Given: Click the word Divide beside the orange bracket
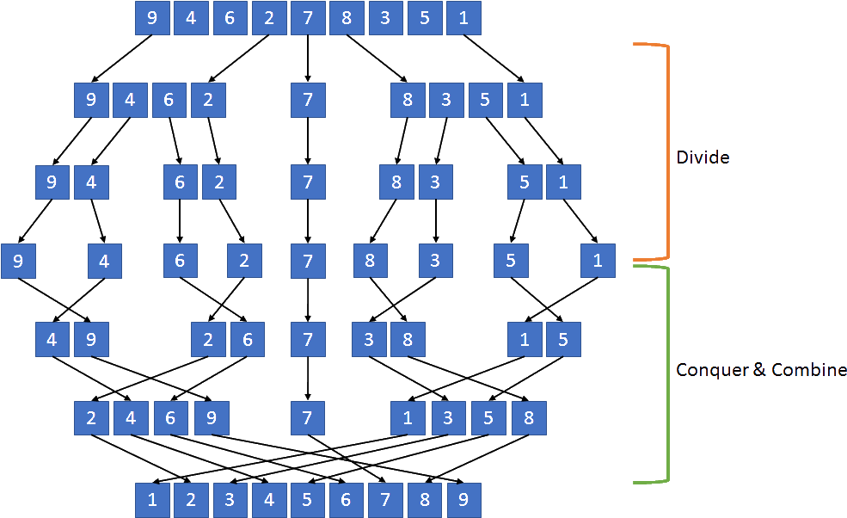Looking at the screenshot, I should click(703, 157).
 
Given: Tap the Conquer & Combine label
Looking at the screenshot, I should click(760, 369).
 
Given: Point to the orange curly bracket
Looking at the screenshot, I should click(662, 151).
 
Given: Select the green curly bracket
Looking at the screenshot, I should click(662, 373).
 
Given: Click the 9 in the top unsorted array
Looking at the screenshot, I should click(152, 18).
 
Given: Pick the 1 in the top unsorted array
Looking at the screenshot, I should click(463, 18).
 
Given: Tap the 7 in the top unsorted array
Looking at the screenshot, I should click(308, 18).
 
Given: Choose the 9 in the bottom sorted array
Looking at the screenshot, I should click(463, 499).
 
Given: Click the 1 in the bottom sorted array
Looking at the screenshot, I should click(152, 499).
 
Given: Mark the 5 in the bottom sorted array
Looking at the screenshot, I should click(308, 499).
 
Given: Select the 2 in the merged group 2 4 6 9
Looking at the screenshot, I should click(90, 419).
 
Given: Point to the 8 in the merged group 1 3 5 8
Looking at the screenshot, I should click(528, 419).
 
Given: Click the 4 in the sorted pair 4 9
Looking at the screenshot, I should click(52, 339).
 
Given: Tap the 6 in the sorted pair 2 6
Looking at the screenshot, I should click(248, 339).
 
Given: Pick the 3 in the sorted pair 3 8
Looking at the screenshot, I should click(369, 339).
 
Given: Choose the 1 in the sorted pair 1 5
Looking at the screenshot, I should click(525, 339).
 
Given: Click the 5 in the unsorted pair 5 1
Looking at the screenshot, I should click(525, 182).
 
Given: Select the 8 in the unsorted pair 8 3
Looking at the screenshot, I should click(397, 182).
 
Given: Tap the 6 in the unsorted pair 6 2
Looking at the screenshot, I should click(181, 182).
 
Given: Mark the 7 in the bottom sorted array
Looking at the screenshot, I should click(385, 499).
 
